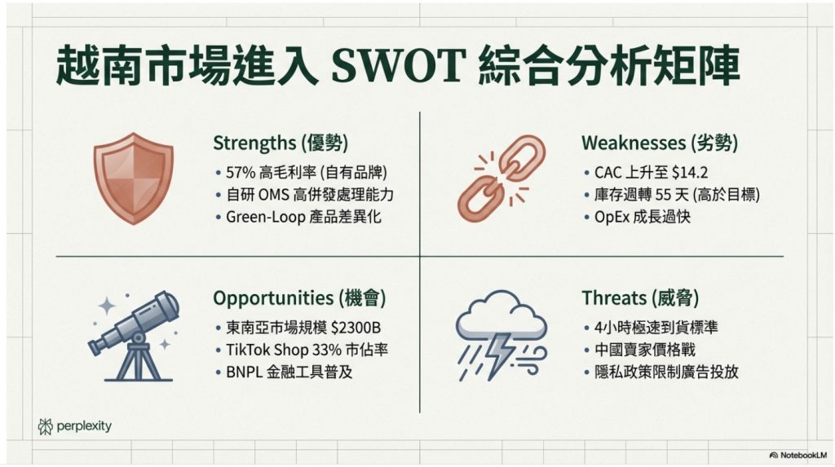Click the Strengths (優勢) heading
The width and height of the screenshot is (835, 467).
(x=280, y=143)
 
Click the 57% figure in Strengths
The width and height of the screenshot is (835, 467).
(x=242, y=173)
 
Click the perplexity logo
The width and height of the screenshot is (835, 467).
(x=75, y=425)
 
